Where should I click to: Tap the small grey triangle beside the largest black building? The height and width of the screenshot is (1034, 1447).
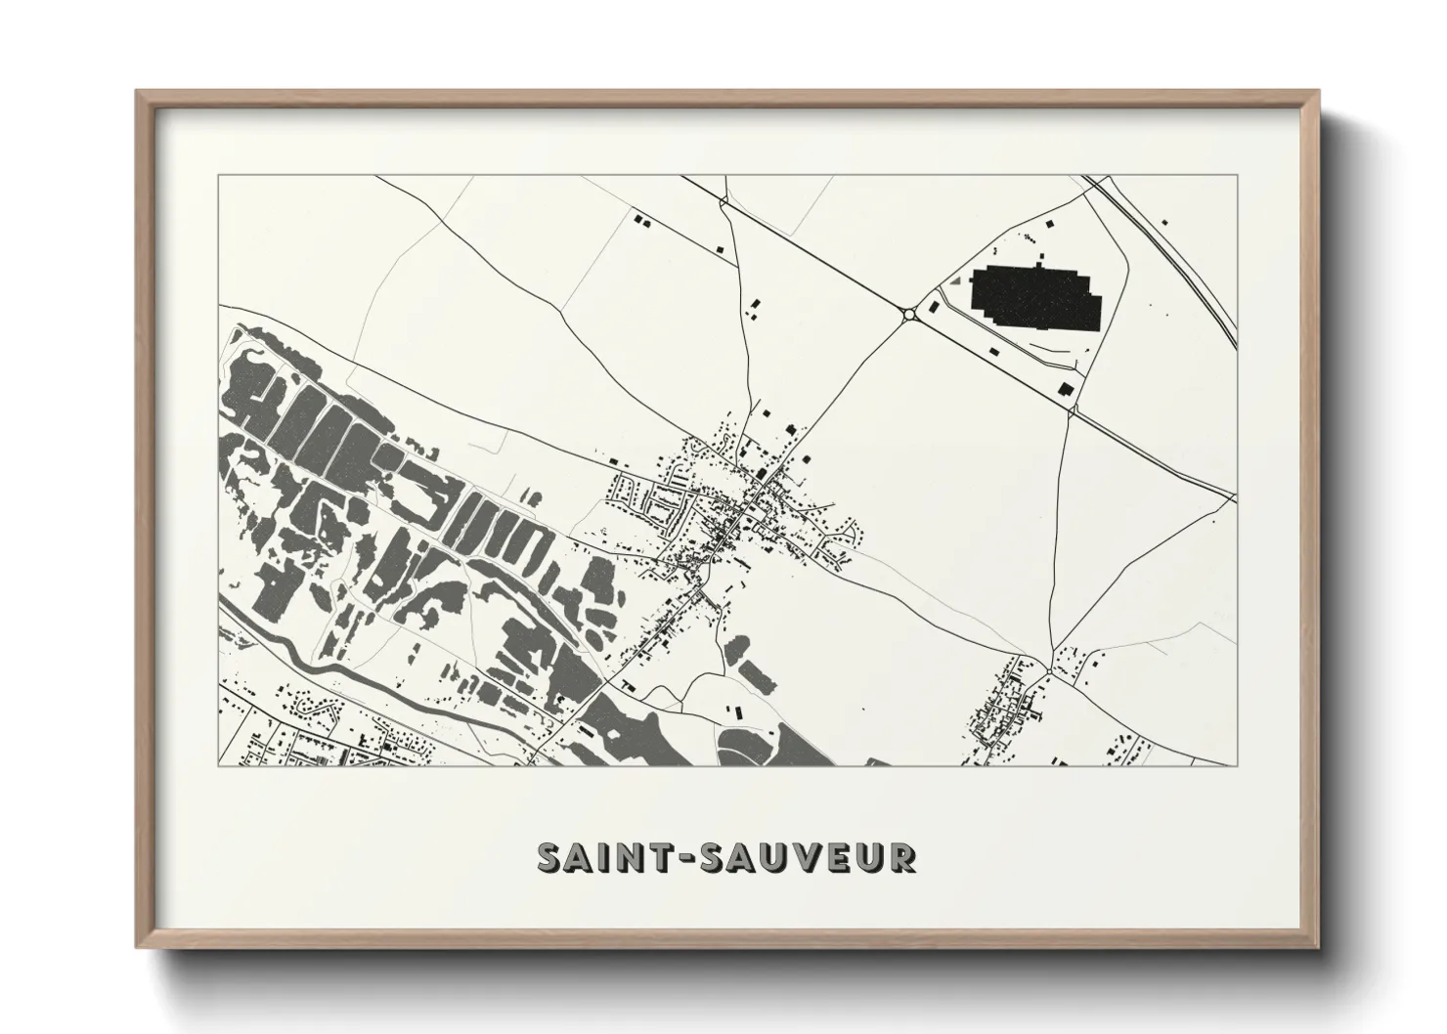pyautogui.click(x=955, y=280)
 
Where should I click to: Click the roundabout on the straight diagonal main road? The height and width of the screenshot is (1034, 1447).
pyautogui.click(x=910, y=314)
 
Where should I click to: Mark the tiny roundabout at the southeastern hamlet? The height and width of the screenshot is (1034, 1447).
pyautogui.click(x=1049, y=669)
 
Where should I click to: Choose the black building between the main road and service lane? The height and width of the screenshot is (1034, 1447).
pyautogui.click(x=995, y=348)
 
